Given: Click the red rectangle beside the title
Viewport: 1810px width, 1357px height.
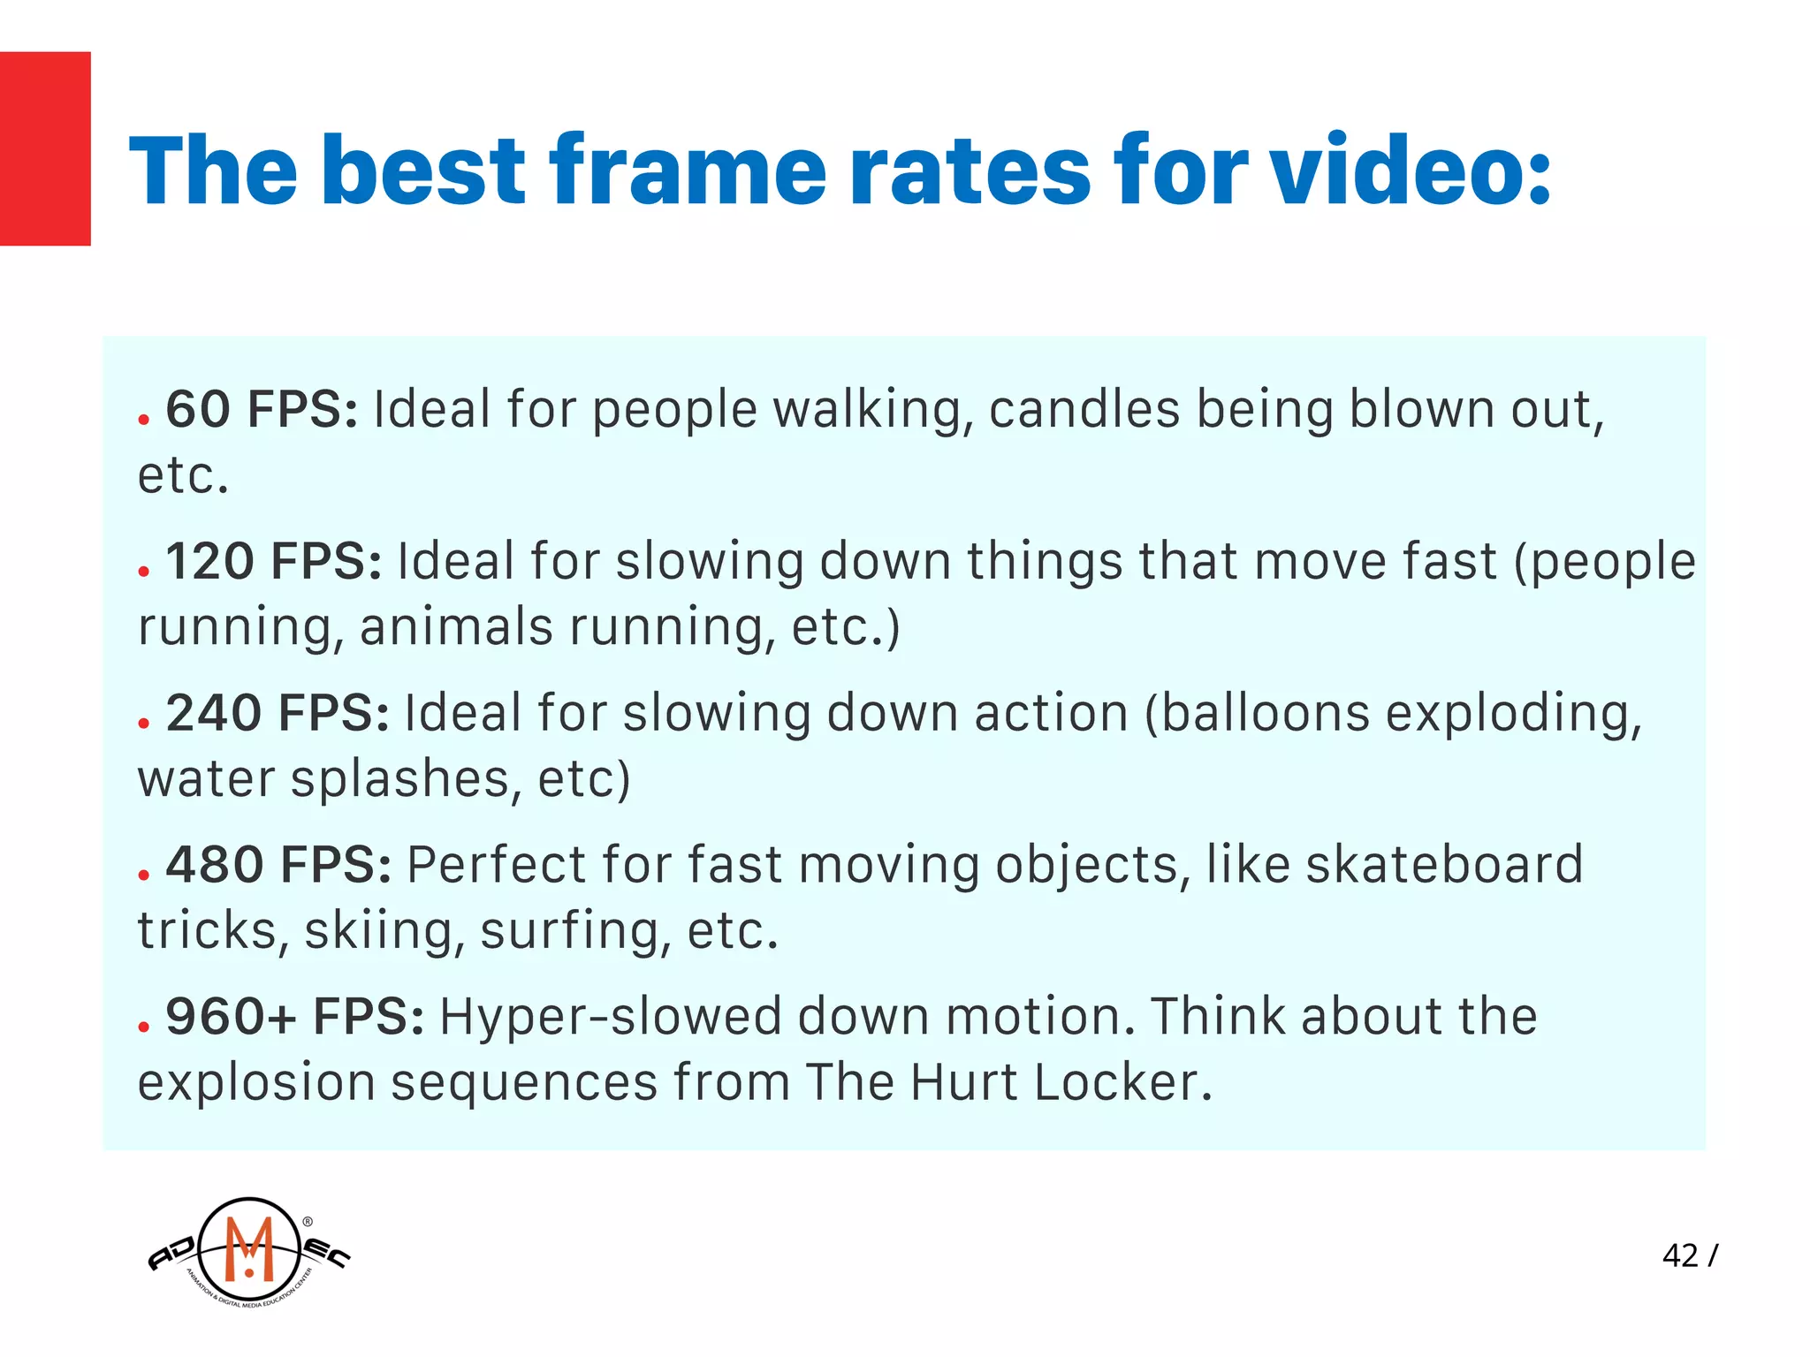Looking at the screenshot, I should click(45, 148).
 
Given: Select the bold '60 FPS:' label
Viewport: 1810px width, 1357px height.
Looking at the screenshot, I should click(262, 410).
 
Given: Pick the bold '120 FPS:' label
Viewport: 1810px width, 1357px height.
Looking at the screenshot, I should click(273, 562).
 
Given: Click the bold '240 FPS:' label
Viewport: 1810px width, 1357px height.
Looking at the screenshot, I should click(278, 713).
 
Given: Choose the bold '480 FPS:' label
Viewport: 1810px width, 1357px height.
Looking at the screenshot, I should click(278, 865).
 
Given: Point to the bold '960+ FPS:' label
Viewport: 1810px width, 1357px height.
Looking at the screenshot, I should click(294, 1017).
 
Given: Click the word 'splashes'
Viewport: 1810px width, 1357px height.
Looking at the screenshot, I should click(401, 780).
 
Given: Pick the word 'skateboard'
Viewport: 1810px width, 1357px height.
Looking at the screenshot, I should click(1444, 865).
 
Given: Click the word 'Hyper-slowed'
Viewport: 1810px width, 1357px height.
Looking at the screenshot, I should click(611, 1017).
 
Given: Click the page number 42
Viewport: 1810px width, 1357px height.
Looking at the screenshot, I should click(1680, 1255).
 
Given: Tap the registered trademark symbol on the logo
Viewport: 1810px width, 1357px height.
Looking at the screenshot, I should click(308, 1222).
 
